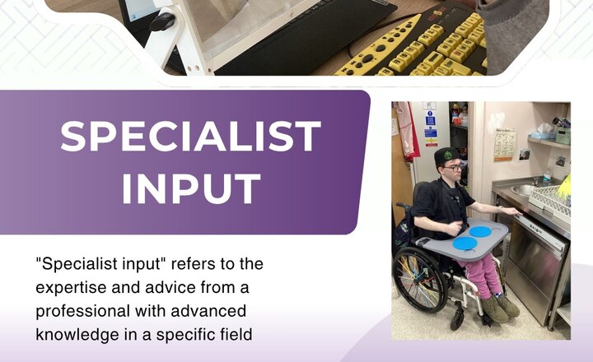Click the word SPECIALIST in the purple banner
point(190,137)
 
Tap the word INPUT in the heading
point(190,188)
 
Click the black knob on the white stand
point(163,21)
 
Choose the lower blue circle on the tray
point(466,244)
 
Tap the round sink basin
point(522,190)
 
